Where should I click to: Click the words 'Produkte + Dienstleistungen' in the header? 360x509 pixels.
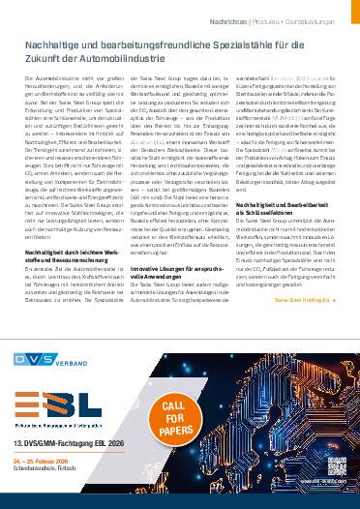click(295, 19)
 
